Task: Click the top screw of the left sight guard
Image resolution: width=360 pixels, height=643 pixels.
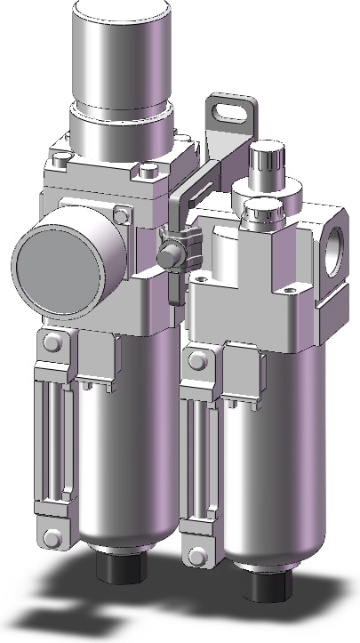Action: pos(52,343)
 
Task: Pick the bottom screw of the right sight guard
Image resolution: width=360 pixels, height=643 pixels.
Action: pos(197,554)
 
